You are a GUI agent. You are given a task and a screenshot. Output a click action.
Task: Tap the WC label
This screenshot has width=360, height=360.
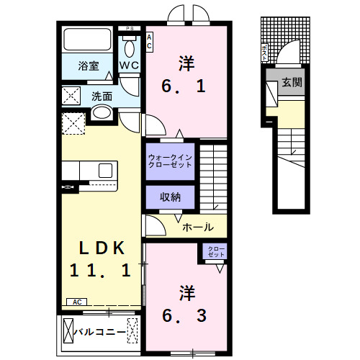pos(130,66)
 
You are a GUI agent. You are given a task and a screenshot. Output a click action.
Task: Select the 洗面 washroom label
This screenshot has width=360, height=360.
pos(102,96)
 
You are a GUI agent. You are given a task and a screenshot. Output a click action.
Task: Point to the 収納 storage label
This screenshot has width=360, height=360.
pos(170,196)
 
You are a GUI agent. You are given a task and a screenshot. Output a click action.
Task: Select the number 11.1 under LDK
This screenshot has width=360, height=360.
pos(100,271)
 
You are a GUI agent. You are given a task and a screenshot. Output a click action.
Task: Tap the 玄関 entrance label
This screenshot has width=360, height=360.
pos(292,82)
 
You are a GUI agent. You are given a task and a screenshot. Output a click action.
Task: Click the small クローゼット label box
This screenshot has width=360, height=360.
pos(216,252)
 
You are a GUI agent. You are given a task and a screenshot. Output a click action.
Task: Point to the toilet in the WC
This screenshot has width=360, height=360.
pos(130,48)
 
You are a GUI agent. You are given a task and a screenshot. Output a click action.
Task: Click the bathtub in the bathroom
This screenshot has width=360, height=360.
pos(86,40)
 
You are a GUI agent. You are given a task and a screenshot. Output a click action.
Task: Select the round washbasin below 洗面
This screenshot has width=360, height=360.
pos(102,113)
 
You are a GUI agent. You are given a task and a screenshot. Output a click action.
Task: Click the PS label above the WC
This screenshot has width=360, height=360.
pos(130,28)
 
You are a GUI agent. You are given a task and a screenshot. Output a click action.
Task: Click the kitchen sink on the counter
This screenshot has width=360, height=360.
pos(105,171)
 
